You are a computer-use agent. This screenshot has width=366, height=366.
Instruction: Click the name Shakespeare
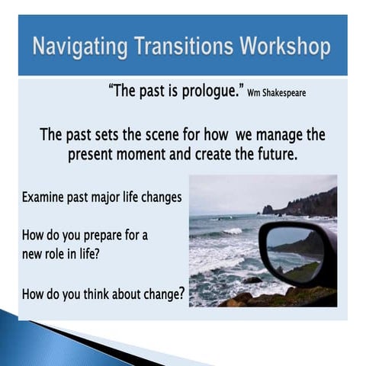(286, 95)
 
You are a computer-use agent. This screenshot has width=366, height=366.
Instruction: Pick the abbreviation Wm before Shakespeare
(255, 95)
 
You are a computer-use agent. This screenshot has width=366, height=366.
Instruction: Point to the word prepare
(97, 236)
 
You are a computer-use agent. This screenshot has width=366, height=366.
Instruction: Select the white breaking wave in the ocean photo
(229, 230)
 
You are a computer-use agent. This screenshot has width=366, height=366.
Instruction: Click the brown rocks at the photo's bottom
(252, 299)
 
